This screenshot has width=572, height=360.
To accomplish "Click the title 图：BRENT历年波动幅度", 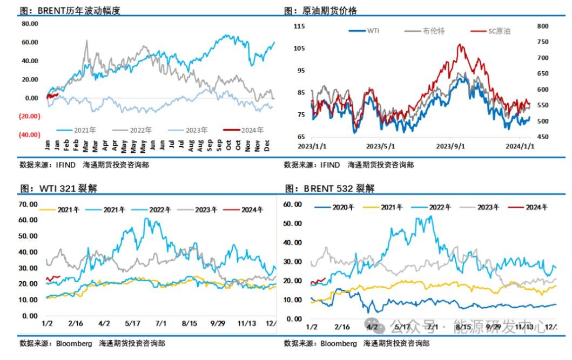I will pyautogui.click(x=70, y=11).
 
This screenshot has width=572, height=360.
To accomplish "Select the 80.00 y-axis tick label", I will pyautogui.click(x=30, y=24).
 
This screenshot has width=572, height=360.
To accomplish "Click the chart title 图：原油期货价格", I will pyautogui.click(x=320, y=11).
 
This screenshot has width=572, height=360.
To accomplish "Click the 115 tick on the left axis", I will pyautogui.click(x=299, y=26).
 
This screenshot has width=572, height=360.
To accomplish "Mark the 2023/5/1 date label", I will pyautogui.click(x=381, y=146).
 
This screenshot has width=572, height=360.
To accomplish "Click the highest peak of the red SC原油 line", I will pyautogui.click(x=461, y=45).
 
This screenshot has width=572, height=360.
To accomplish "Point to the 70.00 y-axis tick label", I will pyautogui.click(x=28, y=204).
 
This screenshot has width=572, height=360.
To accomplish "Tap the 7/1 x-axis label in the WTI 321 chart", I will pyautogui.click(x=161, y=323).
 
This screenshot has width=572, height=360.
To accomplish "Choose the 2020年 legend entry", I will pyautogui.click(x=335, y=207).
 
